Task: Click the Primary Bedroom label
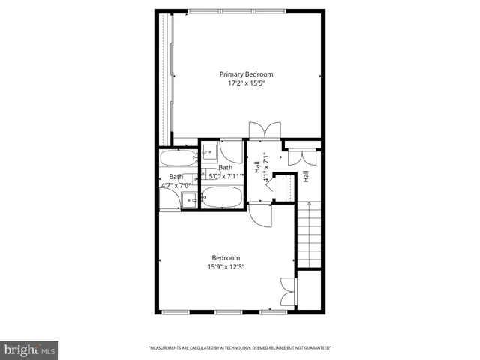pos(246,74)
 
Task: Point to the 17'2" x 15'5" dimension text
pos(246,83)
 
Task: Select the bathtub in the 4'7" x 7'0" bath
pos(178,158)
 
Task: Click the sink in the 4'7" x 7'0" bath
pos(189,199)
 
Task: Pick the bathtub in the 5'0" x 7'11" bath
pos(222,199)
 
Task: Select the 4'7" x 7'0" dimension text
pos(177,185)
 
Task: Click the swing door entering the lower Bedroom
pos(260,214)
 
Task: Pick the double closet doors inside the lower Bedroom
pos(288,292)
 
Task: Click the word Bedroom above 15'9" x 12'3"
pos(226,257)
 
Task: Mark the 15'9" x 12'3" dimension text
pos(226,266)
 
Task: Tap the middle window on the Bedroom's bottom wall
pos(223,311)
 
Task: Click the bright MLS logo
pos(30,349)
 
